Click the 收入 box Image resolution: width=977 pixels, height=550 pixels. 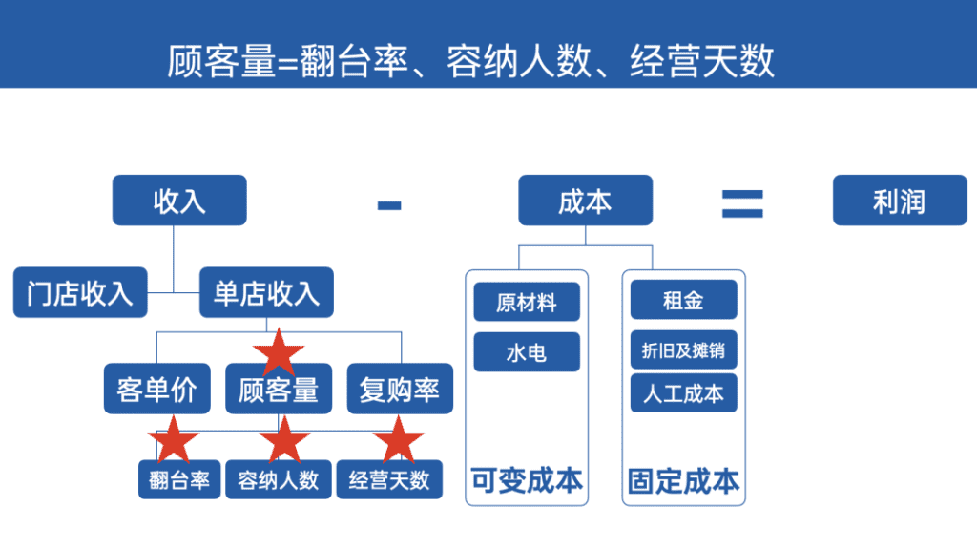179,201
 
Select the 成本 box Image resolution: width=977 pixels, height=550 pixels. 585,201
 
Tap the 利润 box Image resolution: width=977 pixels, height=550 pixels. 899,201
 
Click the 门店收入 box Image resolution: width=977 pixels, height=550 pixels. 80,292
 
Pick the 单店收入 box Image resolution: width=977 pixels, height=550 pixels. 266,292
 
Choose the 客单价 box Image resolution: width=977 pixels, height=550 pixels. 156,390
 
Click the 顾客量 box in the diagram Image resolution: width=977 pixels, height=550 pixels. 279,390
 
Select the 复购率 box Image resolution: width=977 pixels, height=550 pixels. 400,390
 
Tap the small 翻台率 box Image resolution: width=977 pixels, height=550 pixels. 179,479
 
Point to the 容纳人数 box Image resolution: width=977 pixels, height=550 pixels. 279,479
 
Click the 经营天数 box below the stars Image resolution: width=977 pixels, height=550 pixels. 388,479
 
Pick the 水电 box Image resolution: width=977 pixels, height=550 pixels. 527,352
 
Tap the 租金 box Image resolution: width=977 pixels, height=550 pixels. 683,301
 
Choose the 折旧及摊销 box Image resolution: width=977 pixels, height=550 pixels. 683,350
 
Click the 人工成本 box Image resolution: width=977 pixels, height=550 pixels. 683,393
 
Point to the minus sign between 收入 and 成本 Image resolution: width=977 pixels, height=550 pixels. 389,203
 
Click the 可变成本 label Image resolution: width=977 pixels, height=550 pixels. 527,480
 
